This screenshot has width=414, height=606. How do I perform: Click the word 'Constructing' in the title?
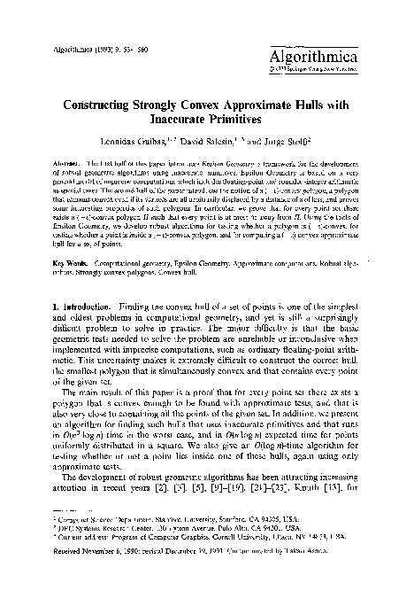click(103, 103)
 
